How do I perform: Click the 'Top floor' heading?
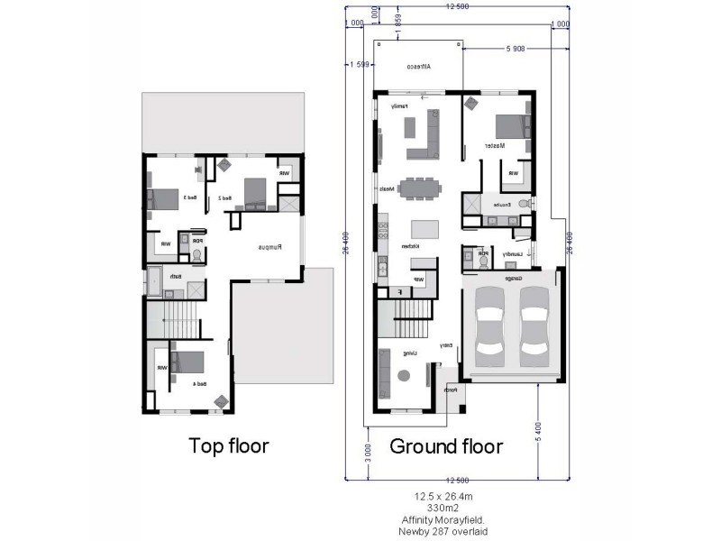[228, 445]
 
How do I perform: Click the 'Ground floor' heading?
[446, 445]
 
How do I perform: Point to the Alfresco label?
[417, 67]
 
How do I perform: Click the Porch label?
[452, 390]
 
